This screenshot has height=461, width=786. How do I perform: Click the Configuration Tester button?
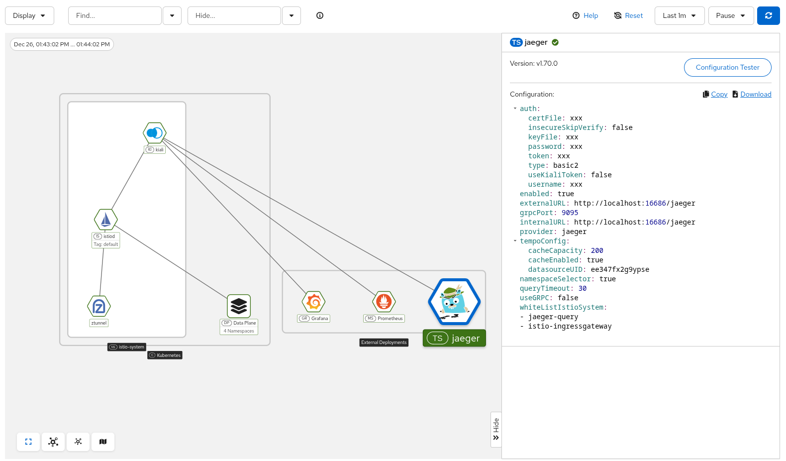[727, 67]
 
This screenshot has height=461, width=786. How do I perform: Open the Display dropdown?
[29, 15]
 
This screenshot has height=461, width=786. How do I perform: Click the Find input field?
[114, 15]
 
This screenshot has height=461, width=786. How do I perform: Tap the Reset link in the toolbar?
[628, 15]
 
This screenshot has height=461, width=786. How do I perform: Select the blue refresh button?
[768, 15]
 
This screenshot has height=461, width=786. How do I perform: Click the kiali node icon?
[155, 133]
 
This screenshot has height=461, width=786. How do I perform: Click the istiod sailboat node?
[106, 220]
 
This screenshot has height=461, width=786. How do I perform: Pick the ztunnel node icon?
[99, 306]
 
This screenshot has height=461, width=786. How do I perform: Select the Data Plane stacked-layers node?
[239, 306]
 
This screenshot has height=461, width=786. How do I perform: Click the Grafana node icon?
[313, 302]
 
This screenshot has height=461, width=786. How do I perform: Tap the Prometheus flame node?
[384, 302]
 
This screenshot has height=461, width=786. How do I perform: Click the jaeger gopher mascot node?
[454, 302]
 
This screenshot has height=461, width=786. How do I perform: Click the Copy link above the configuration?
[719, 94]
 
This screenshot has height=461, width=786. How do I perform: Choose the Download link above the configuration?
[755, 94]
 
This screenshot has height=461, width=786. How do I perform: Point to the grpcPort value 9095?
[570, 213]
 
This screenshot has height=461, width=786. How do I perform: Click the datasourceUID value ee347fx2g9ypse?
[620, 269]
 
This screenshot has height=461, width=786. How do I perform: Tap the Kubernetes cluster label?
[165, 355]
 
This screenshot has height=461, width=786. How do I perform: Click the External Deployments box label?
[384, 343]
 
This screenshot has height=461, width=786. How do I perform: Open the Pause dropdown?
[730, 15]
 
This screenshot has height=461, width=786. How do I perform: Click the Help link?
[586, 15]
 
